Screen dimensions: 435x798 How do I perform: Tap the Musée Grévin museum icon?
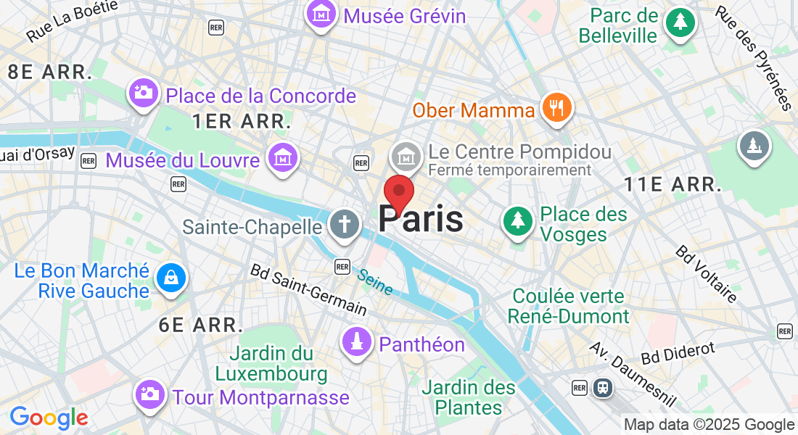coord(320,14)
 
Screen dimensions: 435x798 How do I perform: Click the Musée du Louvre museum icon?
coord(282,157)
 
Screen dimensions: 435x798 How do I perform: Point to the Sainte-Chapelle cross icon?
coord(343,225)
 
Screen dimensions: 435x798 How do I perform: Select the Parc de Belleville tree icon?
coord(680,22)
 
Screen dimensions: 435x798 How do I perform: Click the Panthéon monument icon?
coord(356,343)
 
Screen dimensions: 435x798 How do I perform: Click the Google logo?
coord(49,418)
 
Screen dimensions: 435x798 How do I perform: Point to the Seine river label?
coord(374,282)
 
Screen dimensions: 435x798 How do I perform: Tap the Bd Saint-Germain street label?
coord(308,289)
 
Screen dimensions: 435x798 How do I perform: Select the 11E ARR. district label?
coord(672,185)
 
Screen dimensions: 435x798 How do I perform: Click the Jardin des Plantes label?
coord(469,397)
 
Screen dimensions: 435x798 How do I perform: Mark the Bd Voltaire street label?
coord(706,273)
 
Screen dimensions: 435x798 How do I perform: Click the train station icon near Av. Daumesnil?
coord(603,388)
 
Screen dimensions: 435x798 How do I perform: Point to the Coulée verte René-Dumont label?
coord(569,306)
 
